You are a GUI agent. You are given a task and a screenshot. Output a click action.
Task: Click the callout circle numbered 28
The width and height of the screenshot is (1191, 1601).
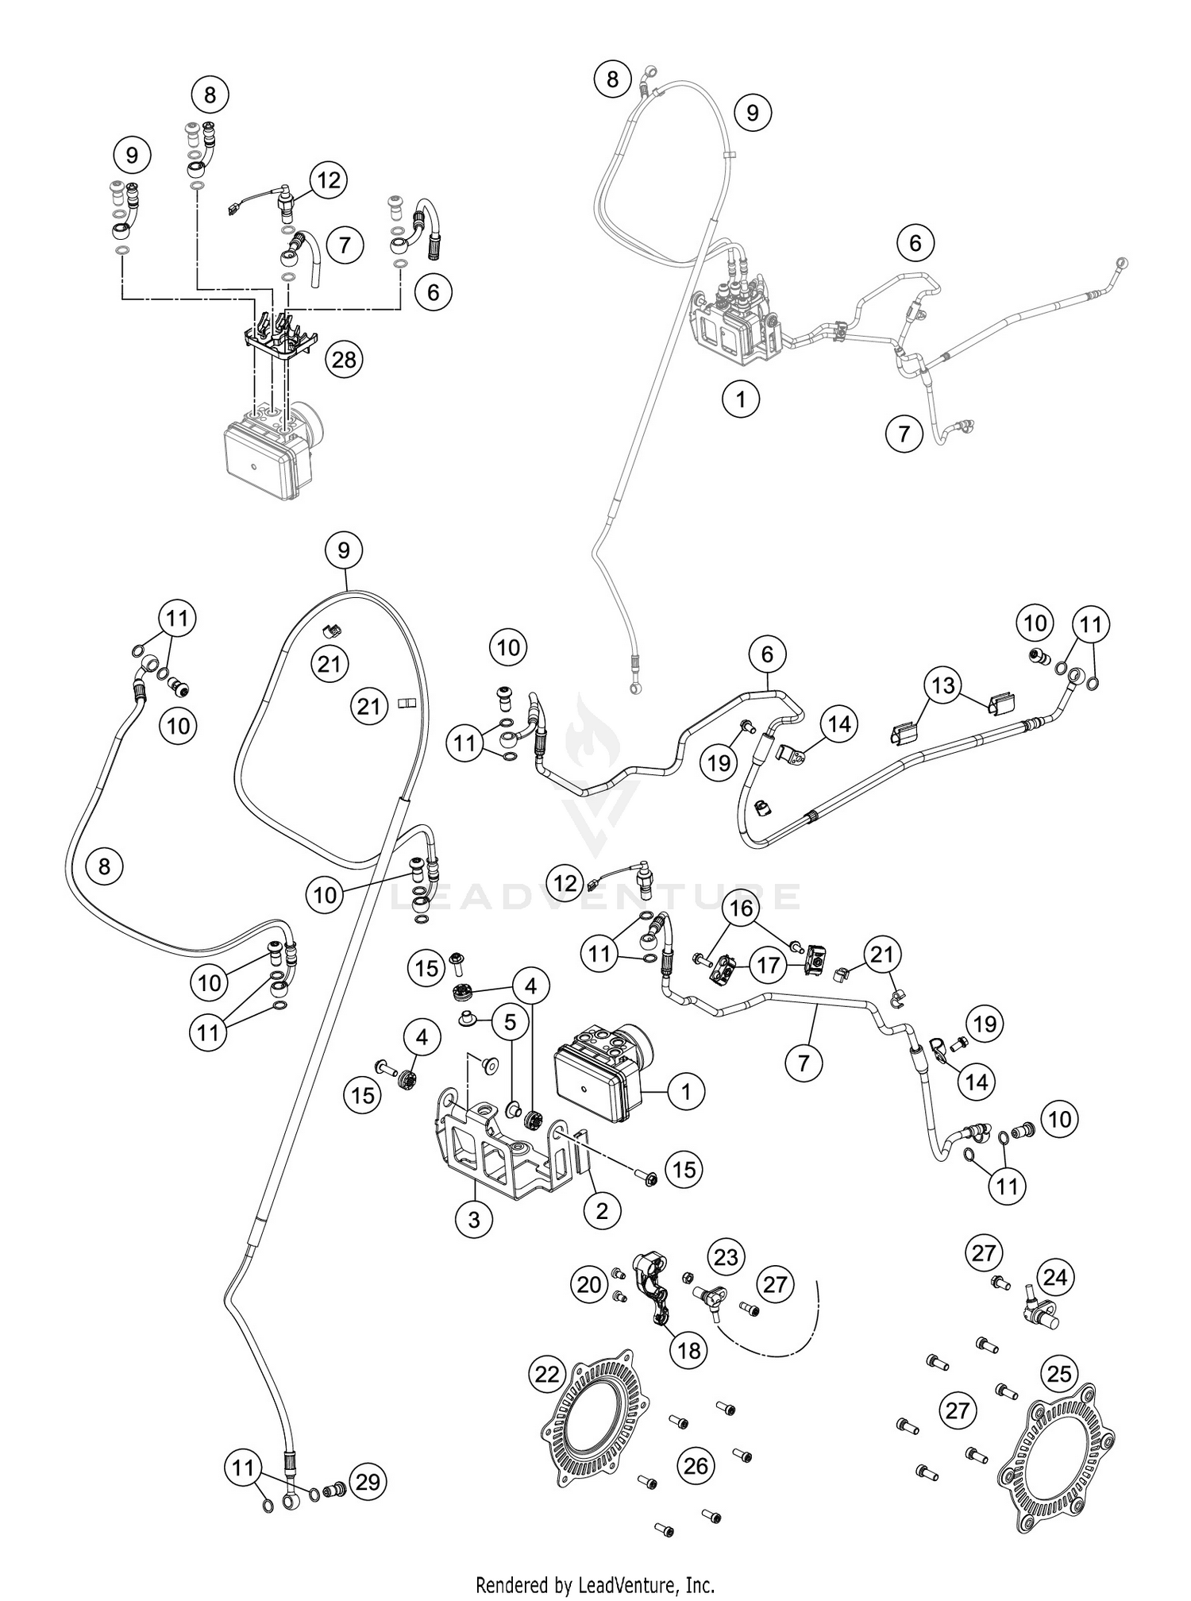[x=344, y=361]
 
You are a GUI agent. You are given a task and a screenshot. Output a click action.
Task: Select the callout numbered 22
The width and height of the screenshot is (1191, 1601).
[x=547, y=1374]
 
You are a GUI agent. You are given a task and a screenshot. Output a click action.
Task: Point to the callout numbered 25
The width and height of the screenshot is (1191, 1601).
[x=1060, y=1374]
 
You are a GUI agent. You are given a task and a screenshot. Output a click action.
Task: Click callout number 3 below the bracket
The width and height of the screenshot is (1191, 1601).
[x=474, y=1219]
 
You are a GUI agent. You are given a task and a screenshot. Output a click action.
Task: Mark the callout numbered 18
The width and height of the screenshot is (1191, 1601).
[x=688, y=1349]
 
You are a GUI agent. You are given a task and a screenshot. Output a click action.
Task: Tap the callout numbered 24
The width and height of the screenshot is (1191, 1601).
[x=1055, y=1278]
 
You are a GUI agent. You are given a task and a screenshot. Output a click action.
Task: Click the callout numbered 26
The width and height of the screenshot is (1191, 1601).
[x=696, y=1465]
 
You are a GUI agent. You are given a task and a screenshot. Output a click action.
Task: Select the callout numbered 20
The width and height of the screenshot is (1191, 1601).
[x=589, y=1284]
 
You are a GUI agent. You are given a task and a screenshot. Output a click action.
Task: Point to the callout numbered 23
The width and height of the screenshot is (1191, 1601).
[x=726, y=1257]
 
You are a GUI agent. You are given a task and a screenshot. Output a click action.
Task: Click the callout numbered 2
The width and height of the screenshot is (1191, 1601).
[x=602, y=1211]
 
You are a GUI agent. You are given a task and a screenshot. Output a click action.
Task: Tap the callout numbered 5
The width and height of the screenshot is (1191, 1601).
[x=510, y=1022]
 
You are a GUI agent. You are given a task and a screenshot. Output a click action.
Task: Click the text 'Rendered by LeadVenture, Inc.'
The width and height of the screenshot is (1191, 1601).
[x=595, y=1585]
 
